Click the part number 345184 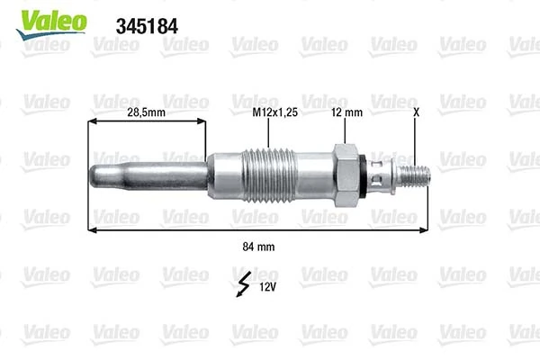click(148, 25)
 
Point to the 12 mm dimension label click(346, 113)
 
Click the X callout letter click(416, 113)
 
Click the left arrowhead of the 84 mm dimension click(92, 231)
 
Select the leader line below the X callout click(416, 139)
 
